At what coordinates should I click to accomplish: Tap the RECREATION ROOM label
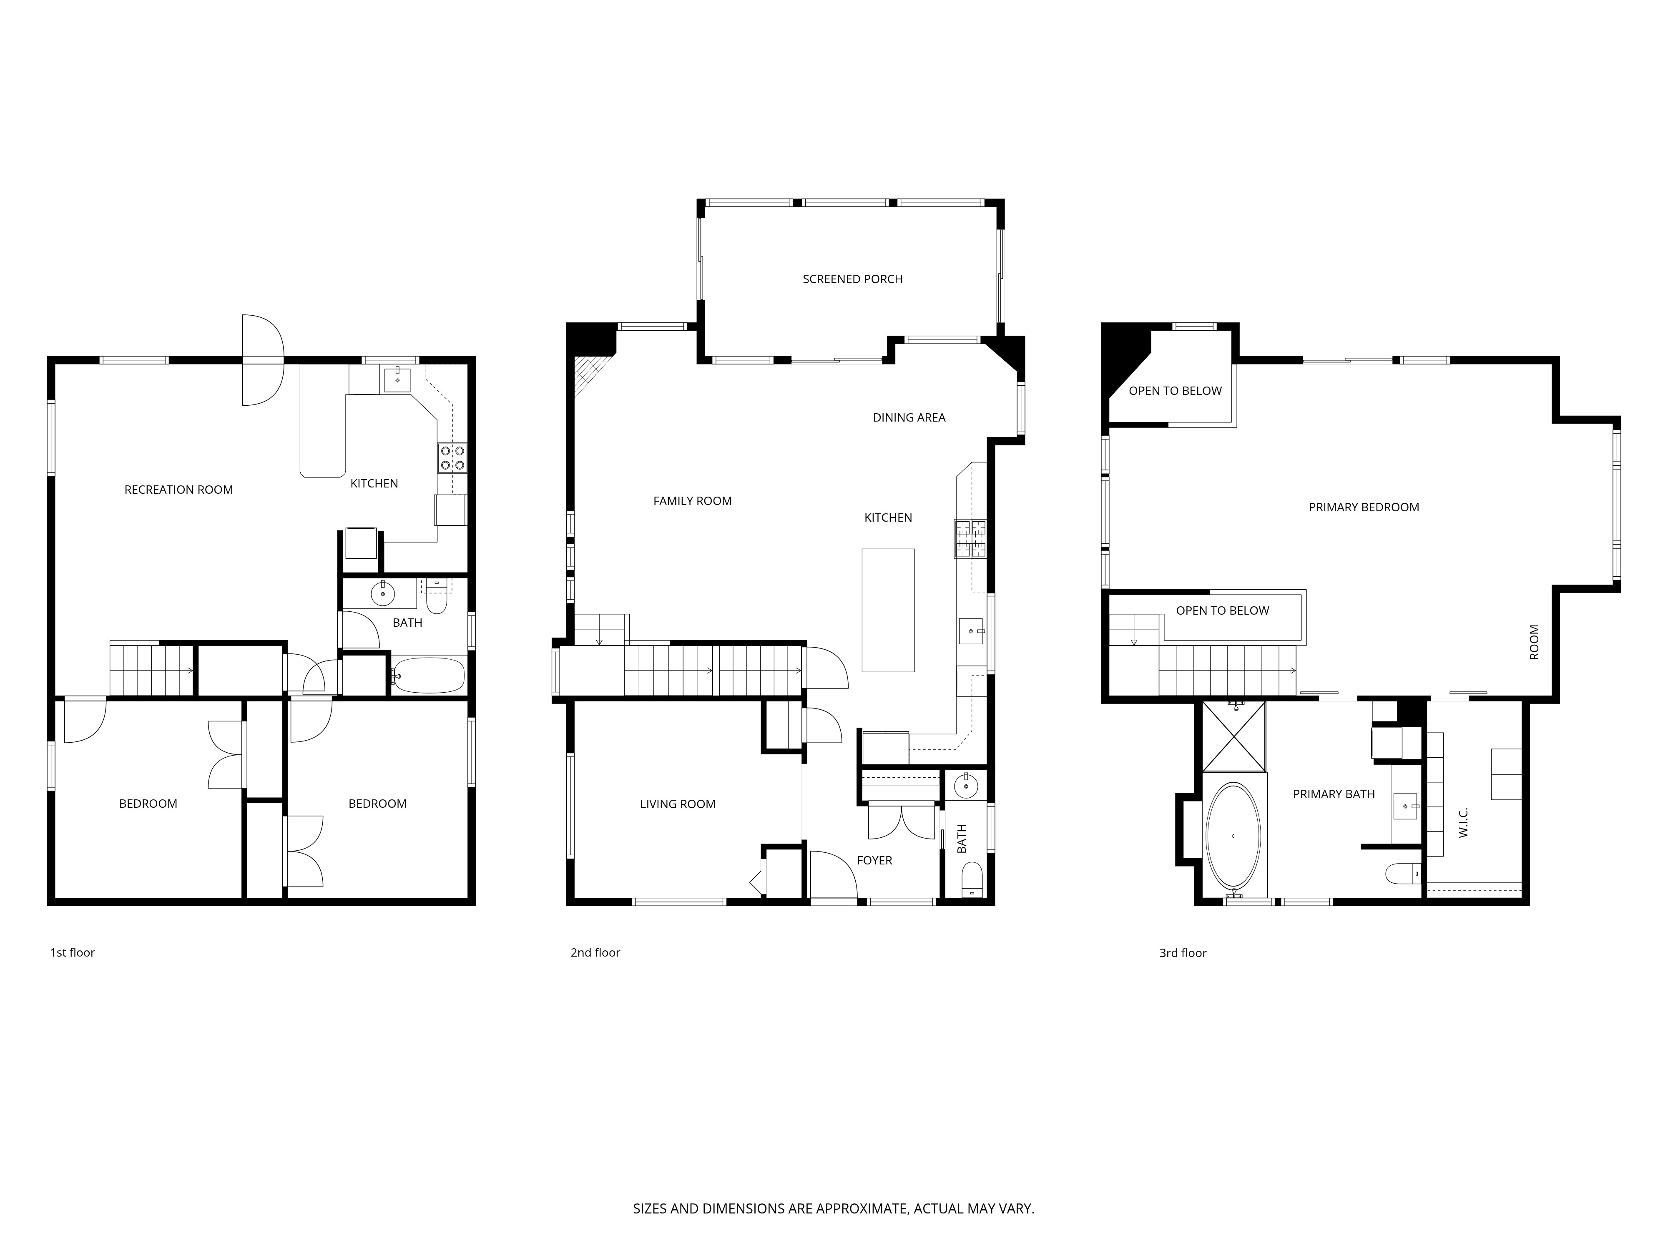pyautogui.click(x=179, y=490)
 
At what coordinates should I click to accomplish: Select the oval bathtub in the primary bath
pyautogui.click(x=1233, y=836)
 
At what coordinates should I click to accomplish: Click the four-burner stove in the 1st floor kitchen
pyautogui.click(x=452, y=458)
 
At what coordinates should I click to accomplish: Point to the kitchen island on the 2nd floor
pyautogui.click(x=888, y=610)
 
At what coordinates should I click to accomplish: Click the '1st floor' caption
pyautogui.click(x=73, y=952)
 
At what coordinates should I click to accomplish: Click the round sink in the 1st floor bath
pyautogui.click(x=383, y=593)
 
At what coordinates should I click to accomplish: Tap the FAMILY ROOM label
pyautogui.click(x=692, y=501)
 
